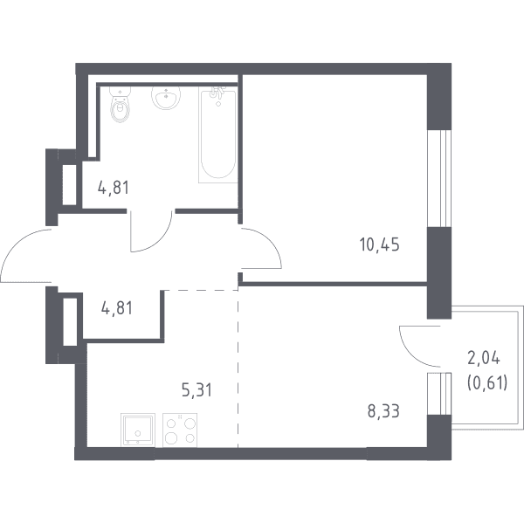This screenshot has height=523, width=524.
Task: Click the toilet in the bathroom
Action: click(121, 104)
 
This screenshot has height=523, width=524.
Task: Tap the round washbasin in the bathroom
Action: click(166, 98)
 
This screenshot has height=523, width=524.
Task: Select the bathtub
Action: click(217, 134)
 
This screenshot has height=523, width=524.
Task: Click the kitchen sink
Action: click(138, 430)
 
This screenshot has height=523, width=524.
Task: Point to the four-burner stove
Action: click(180, 430)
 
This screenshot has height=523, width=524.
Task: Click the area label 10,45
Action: click(379, 244)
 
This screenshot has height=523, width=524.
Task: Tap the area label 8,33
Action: click(383, 411)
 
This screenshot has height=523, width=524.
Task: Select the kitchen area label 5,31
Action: click(196, 389)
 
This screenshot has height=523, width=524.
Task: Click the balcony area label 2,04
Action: click(484, 359)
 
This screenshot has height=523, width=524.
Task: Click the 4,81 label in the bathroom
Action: click(114, 188)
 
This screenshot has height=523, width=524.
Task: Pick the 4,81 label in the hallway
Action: click(117, 308)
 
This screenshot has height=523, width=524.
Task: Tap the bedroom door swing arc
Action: click(271, 241)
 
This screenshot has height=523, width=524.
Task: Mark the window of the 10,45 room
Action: click(439, 178)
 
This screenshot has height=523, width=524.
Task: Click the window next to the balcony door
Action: click(439, 394)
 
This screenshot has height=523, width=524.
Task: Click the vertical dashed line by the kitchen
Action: click(238, 368)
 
